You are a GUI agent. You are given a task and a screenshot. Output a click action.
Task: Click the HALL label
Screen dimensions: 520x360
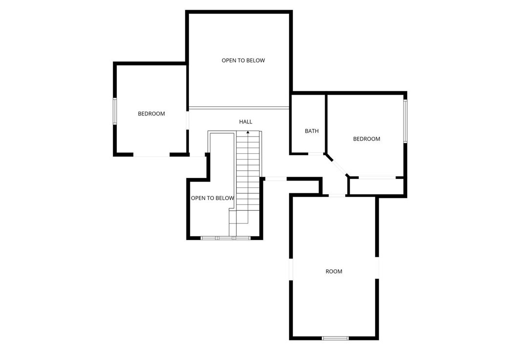coord(246,122)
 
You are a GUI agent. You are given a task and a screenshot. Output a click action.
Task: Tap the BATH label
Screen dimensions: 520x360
coord(312,131)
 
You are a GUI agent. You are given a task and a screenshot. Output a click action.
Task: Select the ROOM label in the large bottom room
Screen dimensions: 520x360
coord(333,272)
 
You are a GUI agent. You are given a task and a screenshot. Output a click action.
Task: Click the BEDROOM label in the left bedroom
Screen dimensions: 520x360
coord(151,114)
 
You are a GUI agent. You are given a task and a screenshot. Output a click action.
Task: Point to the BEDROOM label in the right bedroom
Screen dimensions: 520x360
coord(367,139)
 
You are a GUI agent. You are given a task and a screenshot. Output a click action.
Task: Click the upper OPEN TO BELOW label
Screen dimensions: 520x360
coord(244,60)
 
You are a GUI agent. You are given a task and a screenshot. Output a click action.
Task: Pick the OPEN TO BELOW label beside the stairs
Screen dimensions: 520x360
coord(212,198)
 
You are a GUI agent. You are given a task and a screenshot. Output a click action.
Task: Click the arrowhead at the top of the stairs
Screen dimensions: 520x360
coord(248,132)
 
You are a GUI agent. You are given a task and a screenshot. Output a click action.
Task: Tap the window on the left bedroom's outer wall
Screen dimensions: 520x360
coord(115,111)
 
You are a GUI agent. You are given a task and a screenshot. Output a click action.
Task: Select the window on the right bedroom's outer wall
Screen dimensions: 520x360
coord(405,121)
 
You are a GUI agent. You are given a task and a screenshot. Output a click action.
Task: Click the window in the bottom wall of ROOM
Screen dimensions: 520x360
coord(335,338)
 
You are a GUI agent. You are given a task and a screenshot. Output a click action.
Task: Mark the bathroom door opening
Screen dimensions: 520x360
coord(316,154)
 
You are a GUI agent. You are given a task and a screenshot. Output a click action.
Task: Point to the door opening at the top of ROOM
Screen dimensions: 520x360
coord(337,196)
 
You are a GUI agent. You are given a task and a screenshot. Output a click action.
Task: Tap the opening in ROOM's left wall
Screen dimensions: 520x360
coord(291,269)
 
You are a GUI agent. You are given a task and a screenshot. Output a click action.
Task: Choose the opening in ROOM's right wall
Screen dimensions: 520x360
coord(377,268)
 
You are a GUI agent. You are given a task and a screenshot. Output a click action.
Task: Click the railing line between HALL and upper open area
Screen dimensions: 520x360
coord(239,108)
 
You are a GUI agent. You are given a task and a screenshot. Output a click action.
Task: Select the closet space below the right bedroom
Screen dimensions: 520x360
coord(376,186)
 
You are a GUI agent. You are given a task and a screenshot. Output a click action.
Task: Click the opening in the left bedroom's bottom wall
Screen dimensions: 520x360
coord(151,155)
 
